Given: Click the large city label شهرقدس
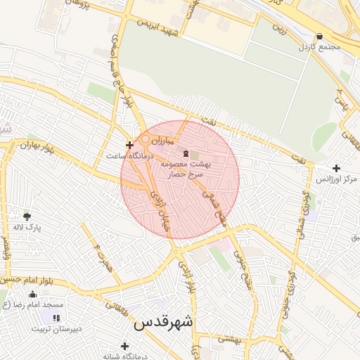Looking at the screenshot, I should pos(163,323).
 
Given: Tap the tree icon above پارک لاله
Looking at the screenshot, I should pos(27,216).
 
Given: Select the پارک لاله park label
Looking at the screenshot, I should pos(27,228).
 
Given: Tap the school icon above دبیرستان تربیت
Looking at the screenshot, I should pos(56,318).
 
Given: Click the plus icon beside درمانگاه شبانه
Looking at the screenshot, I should pos(125,346).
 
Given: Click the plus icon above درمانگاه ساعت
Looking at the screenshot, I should pos(128,144).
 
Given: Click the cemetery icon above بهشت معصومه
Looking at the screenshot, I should pos(186,153).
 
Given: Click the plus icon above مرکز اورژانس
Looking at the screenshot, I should pos(337,169).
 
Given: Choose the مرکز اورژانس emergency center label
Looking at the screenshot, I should pos(332,180).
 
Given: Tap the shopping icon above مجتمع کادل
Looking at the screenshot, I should pos(320,36).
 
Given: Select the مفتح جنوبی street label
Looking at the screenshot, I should pos(243,268).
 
